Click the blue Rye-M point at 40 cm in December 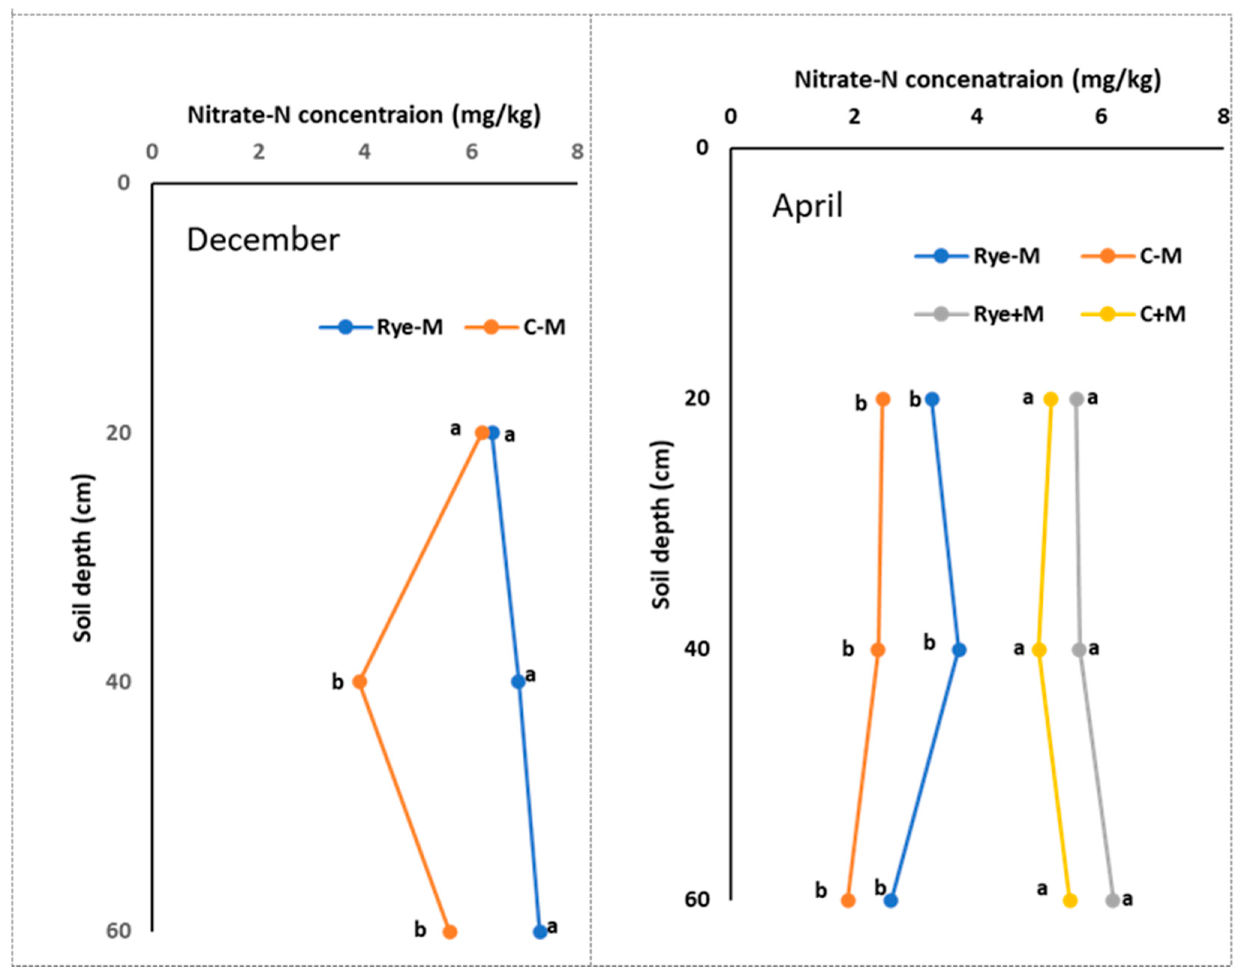(518, 682)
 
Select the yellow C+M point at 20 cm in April (1051, 399)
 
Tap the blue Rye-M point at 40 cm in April (960, 650)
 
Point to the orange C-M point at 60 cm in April (849, 901)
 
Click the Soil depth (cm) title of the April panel (661, 524)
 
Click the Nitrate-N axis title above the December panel (364, 115)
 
